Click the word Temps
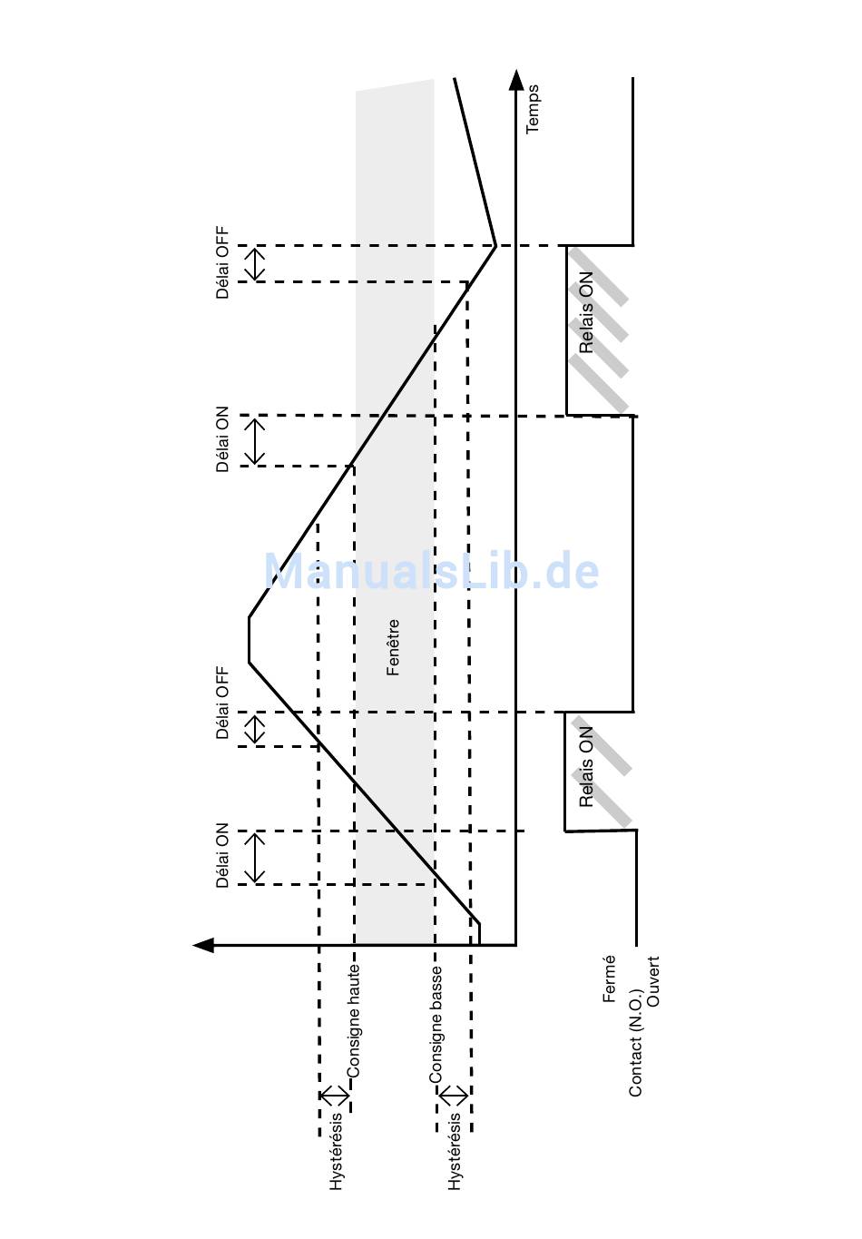click(532, 109)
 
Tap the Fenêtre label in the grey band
click(393, 647)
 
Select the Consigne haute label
click(353, 1021)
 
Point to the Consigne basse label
click(436, 1025)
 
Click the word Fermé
click(609, 979)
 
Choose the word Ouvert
click(653, 980)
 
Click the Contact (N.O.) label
click(636, 1043)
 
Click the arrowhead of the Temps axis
click(516, 80)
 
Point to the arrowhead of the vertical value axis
click(203, 945)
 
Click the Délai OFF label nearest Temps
click(222, 262)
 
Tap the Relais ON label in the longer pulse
click(585, 312)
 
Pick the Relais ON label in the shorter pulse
click(585, 767)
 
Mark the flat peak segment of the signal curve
click(249, 640)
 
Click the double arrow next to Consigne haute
click(335, 1096)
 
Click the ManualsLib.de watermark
click(431, 571)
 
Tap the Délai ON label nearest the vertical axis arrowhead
click(222, 855)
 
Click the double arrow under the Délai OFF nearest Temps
click(255, 264)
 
